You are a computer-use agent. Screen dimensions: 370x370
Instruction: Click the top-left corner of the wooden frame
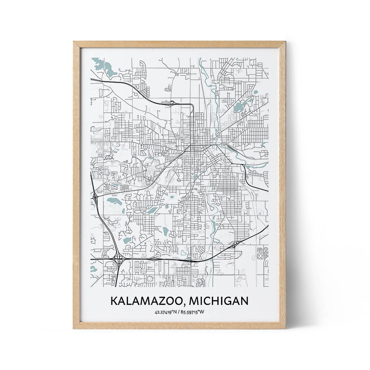[x=74, y=42]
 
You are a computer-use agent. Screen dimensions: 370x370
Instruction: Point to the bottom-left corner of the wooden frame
[x=74, y=328]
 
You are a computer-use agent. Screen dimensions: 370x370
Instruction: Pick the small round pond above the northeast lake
[x=256, y=92]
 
